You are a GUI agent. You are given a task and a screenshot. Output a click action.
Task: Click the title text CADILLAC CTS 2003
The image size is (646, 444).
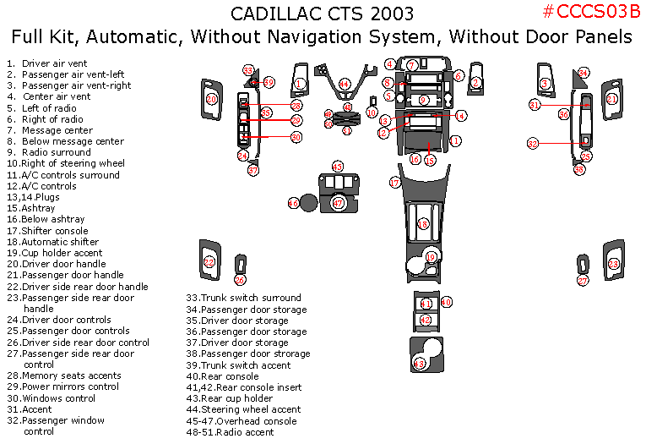pyautogui.click(x=322, y=14)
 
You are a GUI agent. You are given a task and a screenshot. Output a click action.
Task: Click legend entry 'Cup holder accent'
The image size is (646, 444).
pyautogui.click(x=62, y=253)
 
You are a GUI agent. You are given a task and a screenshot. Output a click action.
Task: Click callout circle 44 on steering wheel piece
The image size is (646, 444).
pyautogui.click(x=345, y=84)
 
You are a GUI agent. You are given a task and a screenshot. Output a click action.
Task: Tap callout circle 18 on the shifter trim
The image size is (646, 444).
pyautogui.click(x=423, y=224)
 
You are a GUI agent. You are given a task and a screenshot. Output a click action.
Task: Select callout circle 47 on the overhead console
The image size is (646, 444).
pyautogui.click(x=338, y=203)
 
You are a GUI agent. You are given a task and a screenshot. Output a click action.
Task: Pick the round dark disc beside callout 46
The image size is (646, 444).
pyautogui.click(x=309, y=203)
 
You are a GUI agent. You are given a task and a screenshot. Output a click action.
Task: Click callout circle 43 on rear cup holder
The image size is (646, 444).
pyautogui.click(x=419, y=364)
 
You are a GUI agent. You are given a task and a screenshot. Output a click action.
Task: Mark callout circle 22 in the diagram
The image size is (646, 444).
pyautogui.click(x=209, y=262)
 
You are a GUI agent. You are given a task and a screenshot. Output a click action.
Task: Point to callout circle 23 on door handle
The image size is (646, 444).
pyautogui.click(x=614, y=264)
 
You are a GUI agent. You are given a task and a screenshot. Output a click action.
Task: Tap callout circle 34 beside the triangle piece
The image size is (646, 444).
pyautogui.click(x=584, y=74)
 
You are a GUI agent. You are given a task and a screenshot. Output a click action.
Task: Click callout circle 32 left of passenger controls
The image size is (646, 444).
pyautogui.click(x=533, y=144)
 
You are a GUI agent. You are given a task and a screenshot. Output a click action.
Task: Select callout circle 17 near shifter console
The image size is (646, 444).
pyautogui.click(x=394, y=183)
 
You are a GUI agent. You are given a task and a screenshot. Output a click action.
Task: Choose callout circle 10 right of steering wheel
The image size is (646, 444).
pyautogui.click(x=372, y=112)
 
